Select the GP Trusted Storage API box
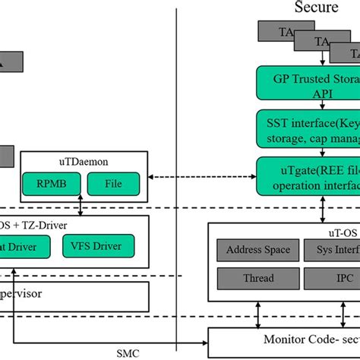308,84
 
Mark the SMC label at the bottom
128,353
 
